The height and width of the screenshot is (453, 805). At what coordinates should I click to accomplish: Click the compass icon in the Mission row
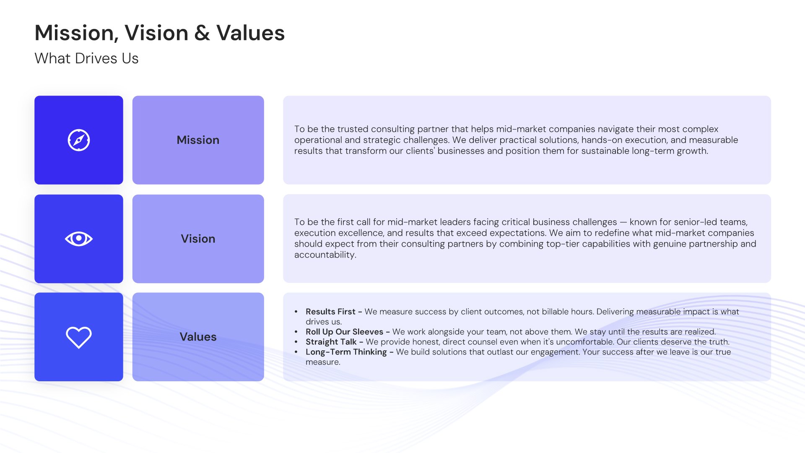tap(79, 140)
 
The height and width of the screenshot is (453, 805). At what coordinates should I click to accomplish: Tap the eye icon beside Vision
tap(79, 239)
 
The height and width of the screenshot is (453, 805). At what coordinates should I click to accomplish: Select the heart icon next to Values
tap(79, 337)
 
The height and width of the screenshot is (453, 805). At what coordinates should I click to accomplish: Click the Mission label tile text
tap(198, 140)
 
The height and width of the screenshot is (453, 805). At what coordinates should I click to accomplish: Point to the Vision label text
tap(198, 239)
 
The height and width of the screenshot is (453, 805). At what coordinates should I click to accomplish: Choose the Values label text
tap(198, 337)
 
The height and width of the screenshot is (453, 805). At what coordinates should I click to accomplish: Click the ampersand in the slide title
tap(202, 33)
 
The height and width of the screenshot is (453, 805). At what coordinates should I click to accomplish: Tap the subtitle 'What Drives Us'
tap(86, 58)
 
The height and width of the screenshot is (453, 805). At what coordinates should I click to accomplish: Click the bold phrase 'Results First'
tap(330, 312)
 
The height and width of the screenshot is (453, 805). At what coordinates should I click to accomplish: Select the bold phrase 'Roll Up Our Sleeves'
tap(344, 332)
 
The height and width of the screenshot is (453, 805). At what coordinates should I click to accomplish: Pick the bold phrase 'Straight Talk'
tap(331, 342)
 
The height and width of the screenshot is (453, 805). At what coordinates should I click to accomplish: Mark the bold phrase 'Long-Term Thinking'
tap(346, 352)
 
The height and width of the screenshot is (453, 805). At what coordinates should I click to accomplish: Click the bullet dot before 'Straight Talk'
tap(296, 342)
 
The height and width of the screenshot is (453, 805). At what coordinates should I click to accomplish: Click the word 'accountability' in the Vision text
tap(324, 255)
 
